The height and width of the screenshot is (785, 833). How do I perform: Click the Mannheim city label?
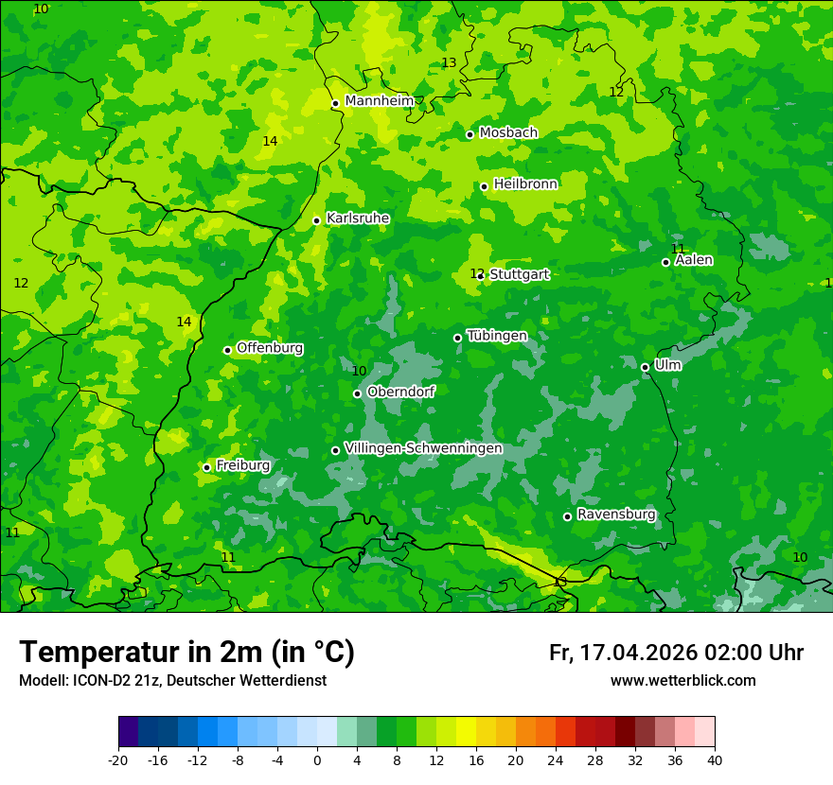tap(379, 101)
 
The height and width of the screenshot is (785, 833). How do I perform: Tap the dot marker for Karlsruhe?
tap(316, 220)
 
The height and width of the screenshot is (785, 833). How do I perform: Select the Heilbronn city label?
tap(525, 184)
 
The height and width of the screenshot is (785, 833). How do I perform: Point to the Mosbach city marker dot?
tap(470, 134)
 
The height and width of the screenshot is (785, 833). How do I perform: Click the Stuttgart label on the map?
tap(519, 274)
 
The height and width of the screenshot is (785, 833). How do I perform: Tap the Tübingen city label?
tap(497, 336)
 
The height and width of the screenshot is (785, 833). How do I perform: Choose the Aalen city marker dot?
tap(665, 262)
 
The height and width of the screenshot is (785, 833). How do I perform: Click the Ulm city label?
tap(667, 365)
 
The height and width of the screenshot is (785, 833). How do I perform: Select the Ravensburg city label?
tap(616, 515)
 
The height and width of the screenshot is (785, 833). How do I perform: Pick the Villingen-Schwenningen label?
tap(423, 448)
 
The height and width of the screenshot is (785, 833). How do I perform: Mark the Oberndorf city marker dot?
tap(357, 393)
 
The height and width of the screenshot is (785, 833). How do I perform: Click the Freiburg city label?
tap(242, 465)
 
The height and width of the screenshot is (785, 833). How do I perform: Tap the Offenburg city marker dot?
tap(227, 350)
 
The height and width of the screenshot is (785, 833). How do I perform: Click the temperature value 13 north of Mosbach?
tap(449, 63)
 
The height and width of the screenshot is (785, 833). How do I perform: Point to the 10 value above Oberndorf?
tap(359, 372)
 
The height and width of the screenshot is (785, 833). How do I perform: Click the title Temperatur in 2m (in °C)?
tap(186, 653)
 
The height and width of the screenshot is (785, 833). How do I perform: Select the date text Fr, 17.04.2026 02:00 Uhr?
tap(676, 654)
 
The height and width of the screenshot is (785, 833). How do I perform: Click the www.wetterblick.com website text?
tap(682, 681)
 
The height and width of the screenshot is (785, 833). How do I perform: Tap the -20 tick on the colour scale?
tap(118, 759)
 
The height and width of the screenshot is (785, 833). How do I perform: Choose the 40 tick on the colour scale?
tap(714, 759)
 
